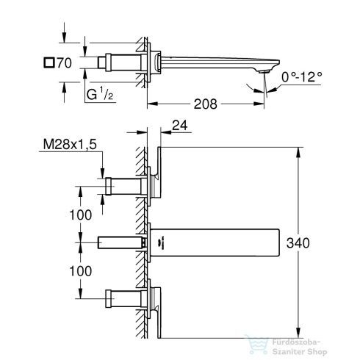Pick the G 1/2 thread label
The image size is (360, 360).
pyautogui.click(x=98, y=94)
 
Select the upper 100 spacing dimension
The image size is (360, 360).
pyautogui.click(x=81, y=215)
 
